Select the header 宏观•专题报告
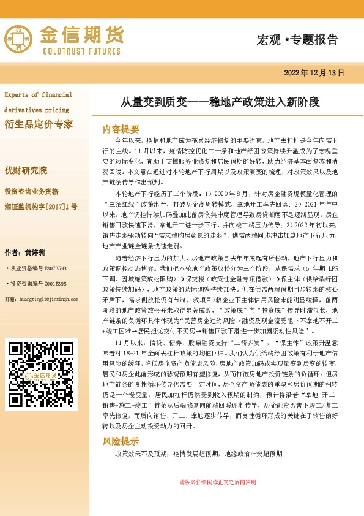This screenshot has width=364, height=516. coord(297,40)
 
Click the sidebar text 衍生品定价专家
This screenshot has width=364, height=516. coord(39,124)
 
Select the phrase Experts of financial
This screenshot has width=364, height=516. coord(38,95)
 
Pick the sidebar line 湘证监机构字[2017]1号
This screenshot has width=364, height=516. coord(41,207)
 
